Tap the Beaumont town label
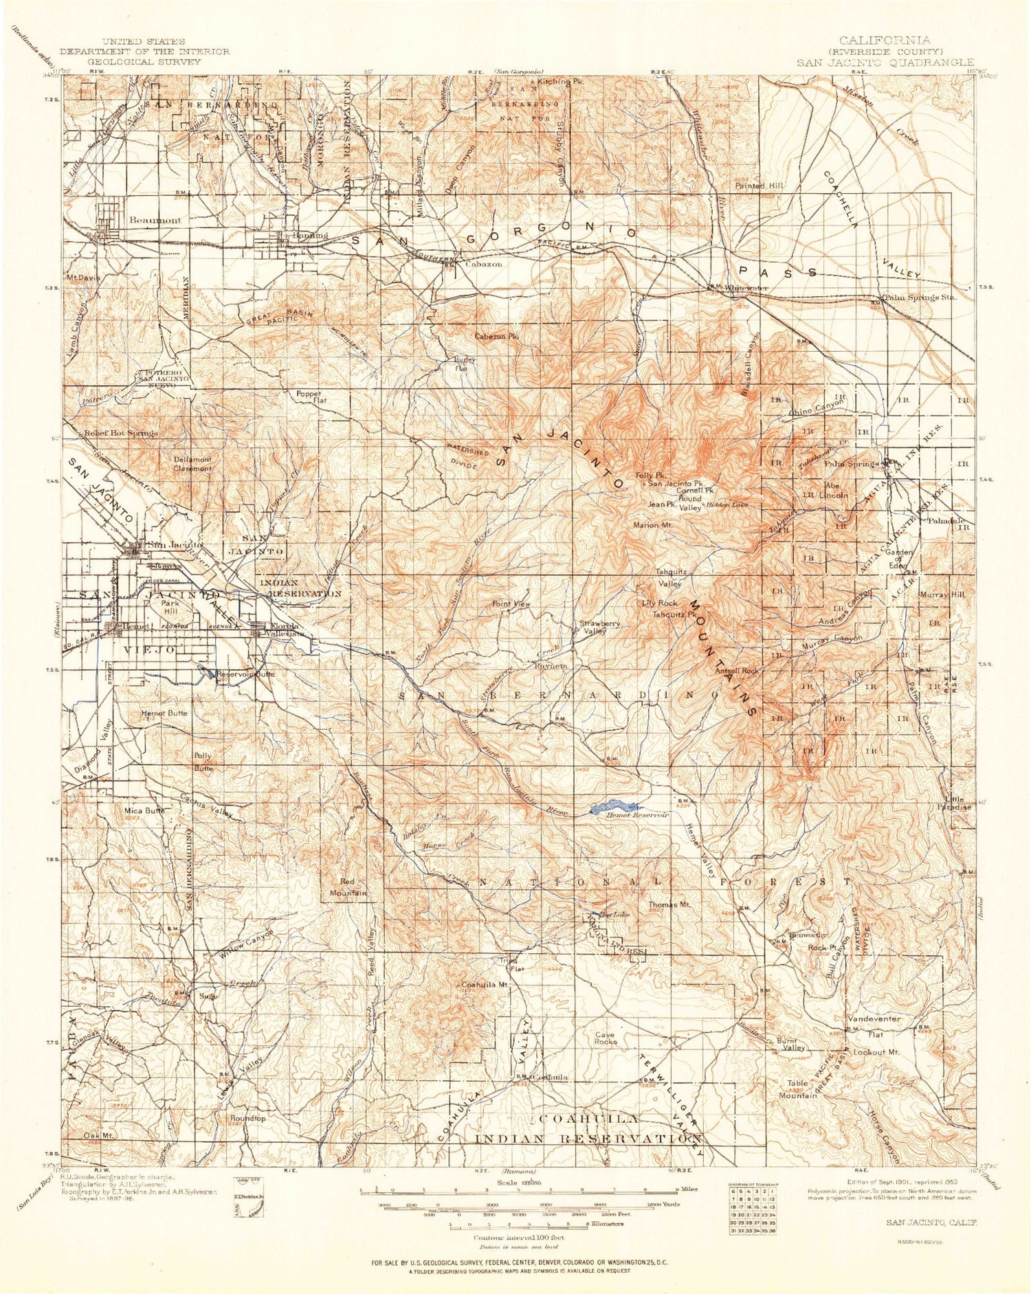point(155,221)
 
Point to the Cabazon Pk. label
point(496,337)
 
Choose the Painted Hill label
point(759,186)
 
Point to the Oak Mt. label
point(98,1135)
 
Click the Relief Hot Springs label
point(121,433)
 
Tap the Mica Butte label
point(144,810)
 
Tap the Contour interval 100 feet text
point(520,1237)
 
